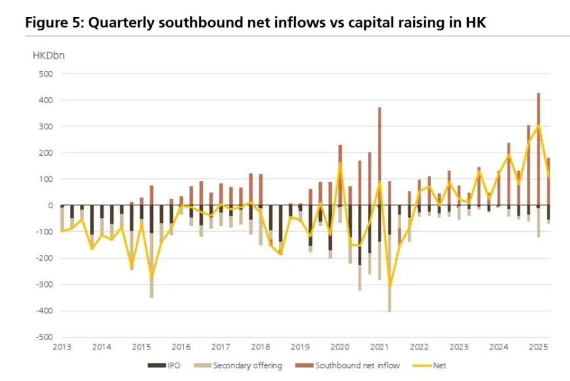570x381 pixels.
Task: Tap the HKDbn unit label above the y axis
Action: [x=49, y=55]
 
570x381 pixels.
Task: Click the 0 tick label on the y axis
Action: [x=49, y=206]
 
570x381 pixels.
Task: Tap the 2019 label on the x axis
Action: [x=300, y=347]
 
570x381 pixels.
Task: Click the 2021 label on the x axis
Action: [x=380, y=347]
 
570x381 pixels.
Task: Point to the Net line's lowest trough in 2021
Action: [x=389, y=286]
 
